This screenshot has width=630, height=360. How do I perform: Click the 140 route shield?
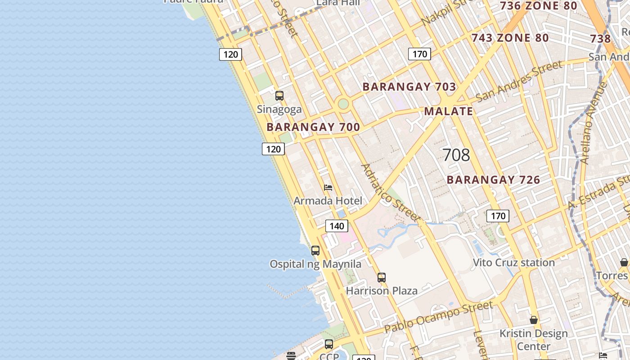(337, 226)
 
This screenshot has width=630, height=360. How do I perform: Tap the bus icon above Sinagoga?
(279, 96)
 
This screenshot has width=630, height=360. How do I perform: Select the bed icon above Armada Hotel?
(328, 187)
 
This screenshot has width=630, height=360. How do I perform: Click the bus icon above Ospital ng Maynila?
(315, 251)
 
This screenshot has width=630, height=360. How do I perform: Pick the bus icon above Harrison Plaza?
(382, 278)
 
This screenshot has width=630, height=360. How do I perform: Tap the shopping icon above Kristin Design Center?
(534, 320)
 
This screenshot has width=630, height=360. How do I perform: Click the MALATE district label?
(449, 111)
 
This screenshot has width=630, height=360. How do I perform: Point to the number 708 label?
(456, 155)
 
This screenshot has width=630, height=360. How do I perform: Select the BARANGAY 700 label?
(313, 127)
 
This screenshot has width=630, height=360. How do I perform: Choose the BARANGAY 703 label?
(409, 87)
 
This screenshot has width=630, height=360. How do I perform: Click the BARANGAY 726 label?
(493, 180)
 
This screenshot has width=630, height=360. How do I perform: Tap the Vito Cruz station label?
(513, 262)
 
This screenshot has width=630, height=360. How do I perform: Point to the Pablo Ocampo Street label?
(438, 317)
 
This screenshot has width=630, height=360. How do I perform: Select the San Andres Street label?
(518, 81)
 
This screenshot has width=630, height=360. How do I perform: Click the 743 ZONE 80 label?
(510, 38)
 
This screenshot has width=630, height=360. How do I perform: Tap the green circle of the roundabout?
(343, 104)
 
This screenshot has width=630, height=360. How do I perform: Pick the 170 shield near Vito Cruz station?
(498, 216)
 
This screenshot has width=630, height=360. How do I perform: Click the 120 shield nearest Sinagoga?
(273, 149)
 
